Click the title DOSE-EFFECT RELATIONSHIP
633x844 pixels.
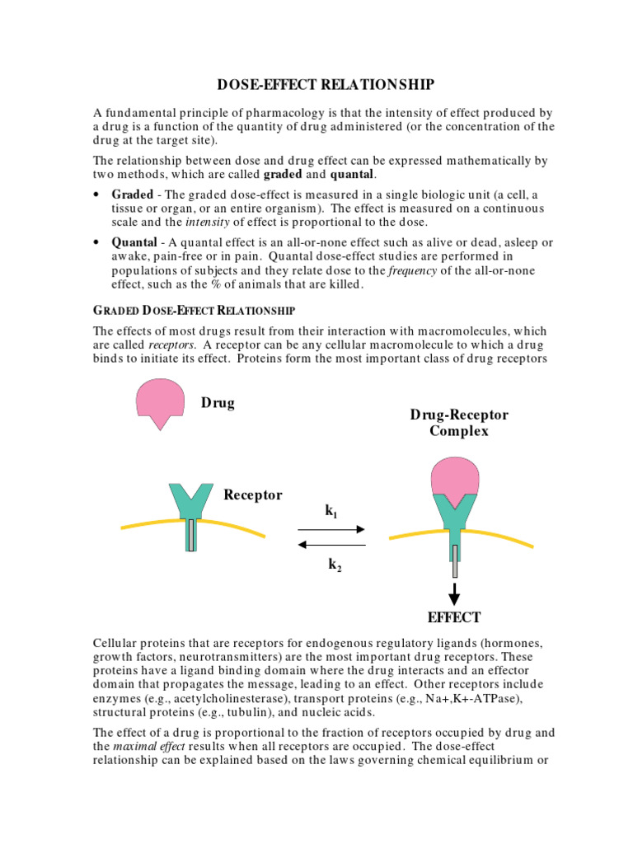pyautogui.click(x=326, y=85)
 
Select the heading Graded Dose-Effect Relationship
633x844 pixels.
pyautogui.click(x=194, y=310)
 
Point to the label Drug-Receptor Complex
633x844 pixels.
pyautogui.click(x=459, y=423)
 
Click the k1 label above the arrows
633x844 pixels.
pyautogui.click(x=331, y=513)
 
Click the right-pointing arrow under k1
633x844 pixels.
pyautogui.click(x=331, y=530)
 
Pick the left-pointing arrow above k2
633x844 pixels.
pyautogui.click(x=331, y=544)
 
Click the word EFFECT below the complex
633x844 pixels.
pyautogui.click(x=453, y=617)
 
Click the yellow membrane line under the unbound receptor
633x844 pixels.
pyautogui.click(x=140, y=526)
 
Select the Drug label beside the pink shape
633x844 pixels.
pyautogui.click(x=218, y=403)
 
